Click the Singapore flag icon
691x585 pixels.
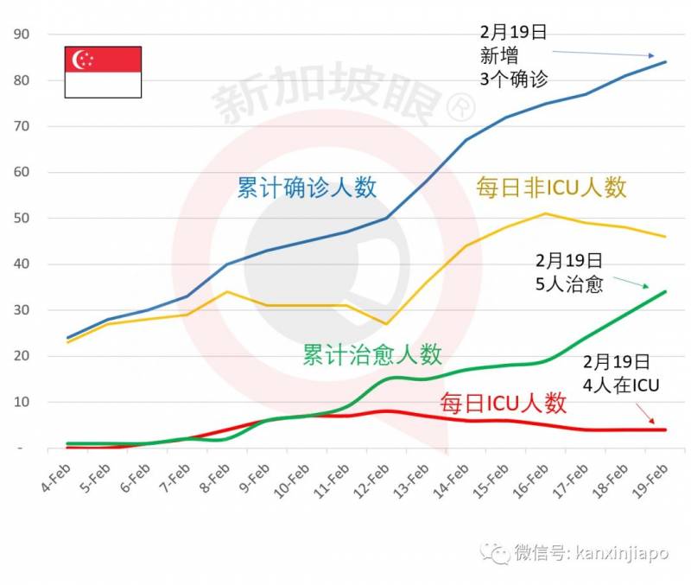tap(104, 72)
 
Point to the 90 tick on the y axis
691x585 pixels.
tap(20, 35)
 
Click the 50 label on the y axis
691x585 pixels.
tap(20, 219)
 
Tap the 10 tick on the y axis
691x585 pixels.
tap(20, 403)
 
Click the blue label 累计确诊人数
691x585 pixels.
tap(307, 188)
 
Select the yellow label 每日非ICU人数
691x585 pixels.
tap(551, 188)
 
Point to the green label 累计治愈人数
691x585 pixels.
tap(371, 354)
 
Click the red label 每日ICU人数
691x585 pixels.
tap(503, 403)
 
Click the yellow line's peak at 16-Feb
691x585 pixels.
tap(545, 213)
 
